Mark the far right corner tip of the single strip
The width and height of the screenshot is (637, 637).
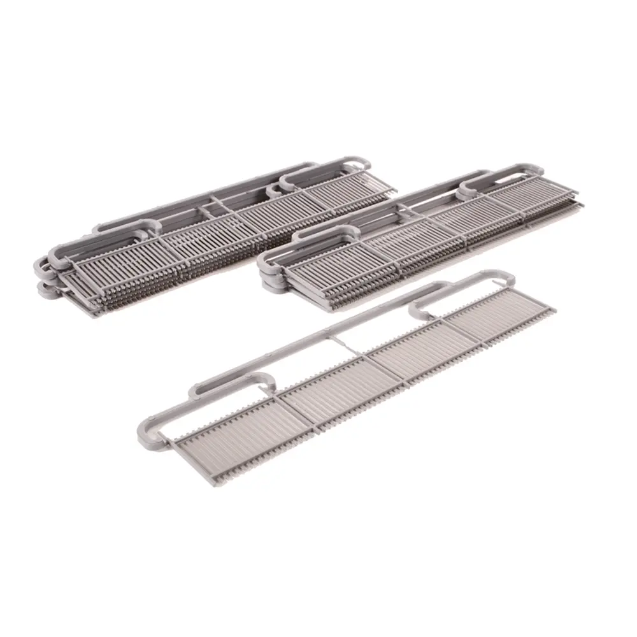[554, 311]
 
